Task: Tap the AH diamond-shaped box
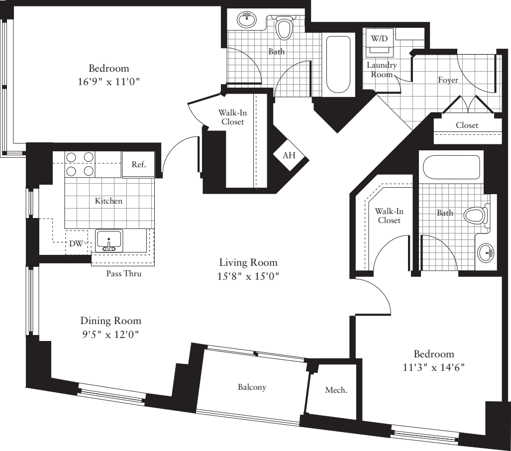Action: pos(289,155)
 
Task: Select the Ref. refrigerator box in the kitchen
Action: pos(139,165)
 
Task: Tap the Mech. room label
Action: pos(336,390)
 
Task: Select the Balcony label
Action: pos(251,387)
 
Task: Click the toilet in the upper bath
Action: pos(284,28)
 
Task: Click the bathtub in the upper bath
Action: pos(338,64)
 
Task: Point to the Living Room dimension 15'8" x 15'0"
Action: pos(248,276)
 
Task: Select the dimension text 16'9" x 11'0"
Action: pos(108,82)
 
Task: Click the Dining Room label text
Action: pos(110,321)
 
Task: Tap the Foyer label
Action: pos(448,80)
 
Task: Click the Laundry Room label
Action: pos(382,70)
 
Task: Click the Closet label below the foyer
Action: pos(467,125)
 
